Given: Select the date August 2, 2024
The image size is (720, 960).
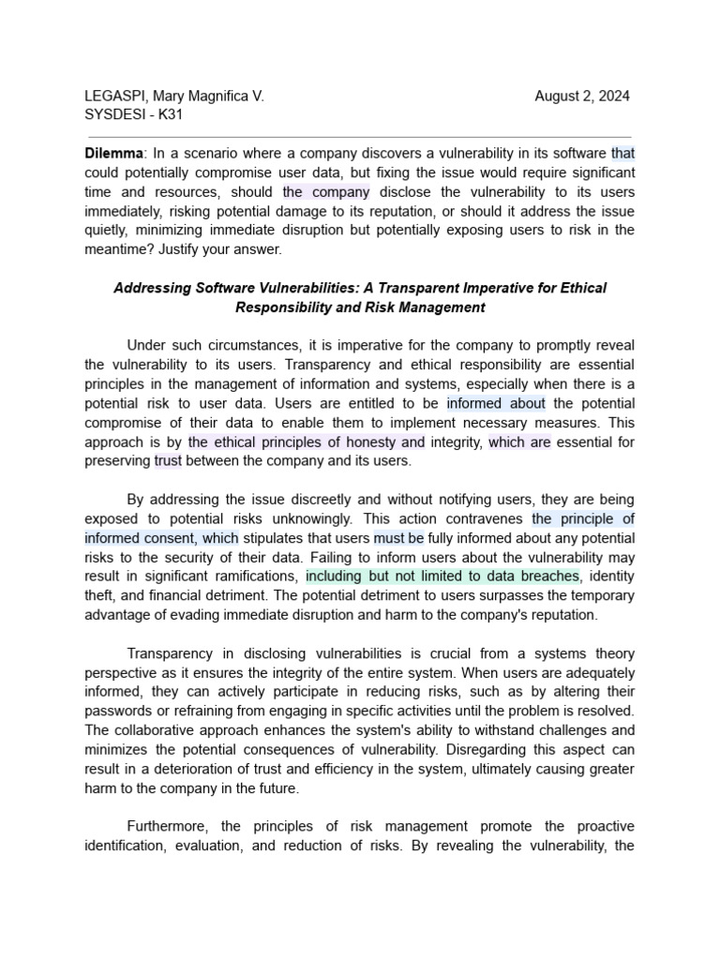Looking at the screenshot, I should pos(582,97).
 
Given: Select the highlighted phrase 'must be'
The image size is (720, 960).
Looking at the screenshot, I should pos(399,538).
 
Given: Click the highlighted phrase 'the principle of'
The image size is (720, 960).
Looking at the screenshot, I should pos(583,518).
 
